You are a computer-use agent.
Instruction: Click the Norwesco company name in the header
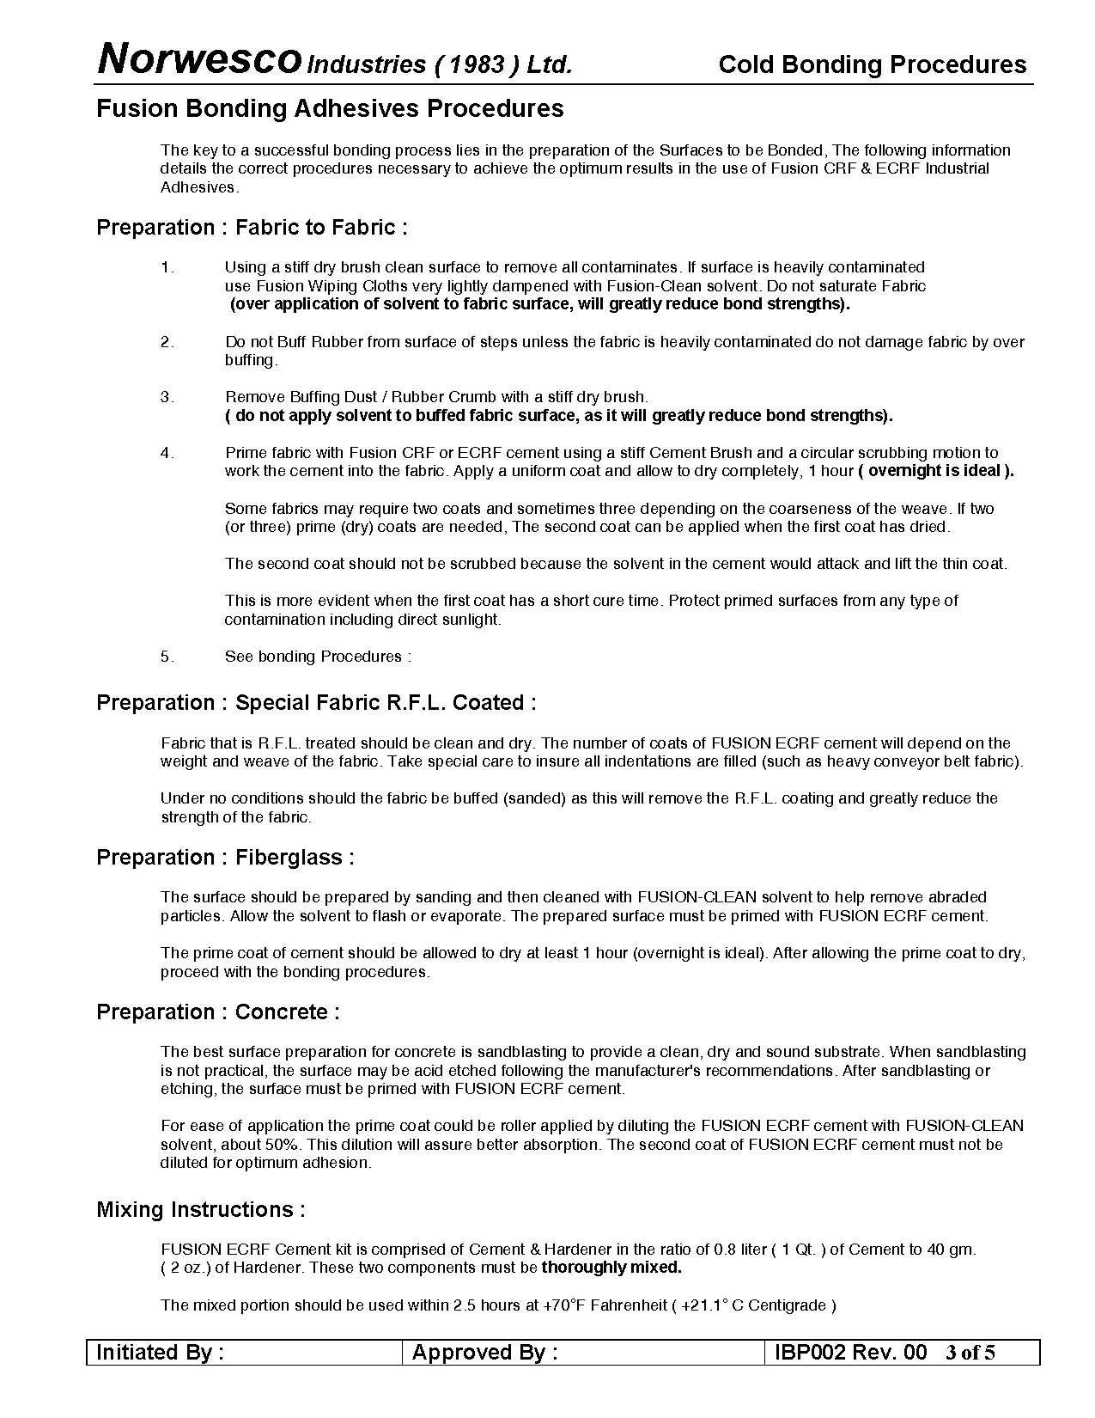pyautogui.click(x=199, y=60)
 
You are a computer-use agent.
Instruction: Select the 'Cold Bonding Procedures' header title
pyautogui.click(x=872, y=65)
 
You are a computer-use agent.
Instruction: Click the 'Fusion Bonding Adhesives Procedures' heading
pyautogui.click(x=330, y=108)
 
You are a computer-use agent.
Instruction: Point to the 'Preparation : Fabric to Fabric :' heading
pyautogui.click(x=252, y=228)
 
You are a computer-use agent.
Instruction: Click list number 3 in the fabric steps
pyautogui.click(x=167, y=397)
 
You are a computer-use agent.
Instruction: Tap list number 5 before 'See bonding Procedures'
pyautogui.click(x=167, y=657)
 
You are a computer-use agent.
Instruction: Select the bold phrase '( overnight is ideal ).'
pyautogui.click(x=936, y=471)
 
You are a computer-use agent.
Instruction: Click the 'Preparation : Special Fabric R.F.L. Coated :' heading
pyautogui.click(x=316, y=703)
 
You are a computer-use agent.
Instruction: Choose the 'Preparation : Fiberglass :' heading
pyautogui.click(x=225, y=858)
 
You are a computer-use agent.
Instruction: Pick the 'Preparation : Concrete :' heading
pyautogui.click(x=218, y=1012)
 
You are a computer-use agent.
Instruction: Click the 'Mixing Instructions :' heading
pyautogui.click(x=201, y=1210)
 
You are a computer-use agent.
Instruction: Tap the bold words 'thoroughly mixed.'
pyautogui.click(x=611, y=1268)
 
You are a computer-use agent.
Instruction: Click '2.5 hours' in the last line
pyautogui.click(x=483, y=1305)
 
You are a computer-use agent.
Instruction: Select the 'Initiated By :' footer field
pyautogui.click(x=161, y=1353)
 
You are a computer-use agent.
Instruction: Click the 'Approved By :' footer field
pyautogui.click(x=485, y=1353)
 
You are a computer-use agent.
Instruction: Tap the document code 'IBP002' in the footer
pyautogui.click(x=809, y=1353)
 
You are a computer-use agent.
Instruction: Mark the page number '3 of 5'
pyautogui.click(x=970, y=1353)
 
